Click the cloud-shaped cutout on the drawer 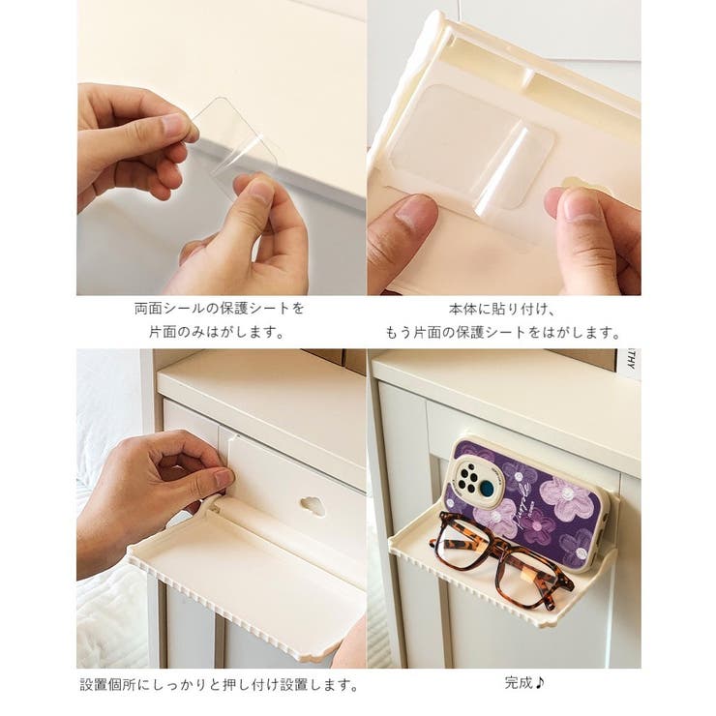[x=313, y=506]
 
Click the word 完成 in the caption [x=519, y=683]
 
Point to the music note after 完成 [x=540, y=683]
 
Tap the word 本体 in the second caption [x=463, y=310]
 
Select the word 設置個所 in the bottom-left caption [x=107, y=684]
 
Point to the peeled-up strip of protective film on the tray [x=501, y=172]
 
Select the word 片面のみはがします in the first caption [x=218, y=332]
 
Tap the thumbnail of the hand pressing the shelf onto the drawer [x=224, y=478]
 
